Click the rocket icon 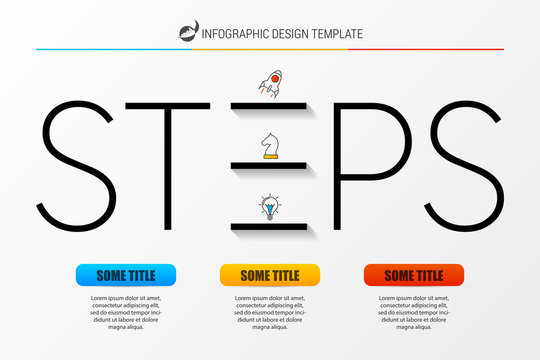tap(270, 85)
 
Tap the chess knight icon tap(270, 147)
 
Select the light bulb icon tap(270, 209)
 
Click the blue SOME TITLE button tap(125, 275)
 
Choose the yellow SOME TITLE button tap(270, 275)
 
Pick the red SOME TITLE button tap(414, 275)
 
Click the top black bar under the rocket tap(269, 104)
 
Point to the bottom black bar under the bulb tap(269, 228)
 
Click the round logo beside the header tap(188, 33)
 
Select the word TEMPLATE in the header tap(337, 34)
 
